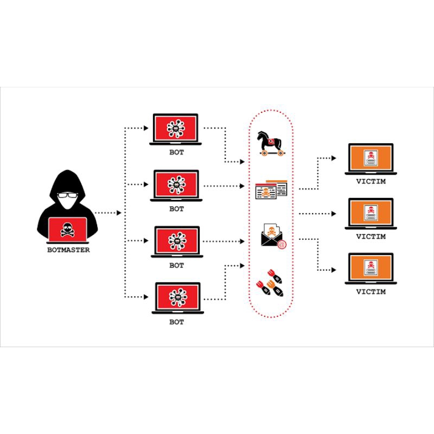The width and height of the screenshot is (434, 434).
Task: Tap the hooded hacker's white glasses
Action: point(67,196)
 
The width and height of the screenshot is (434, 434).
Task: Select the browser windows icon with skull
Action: point(271,190)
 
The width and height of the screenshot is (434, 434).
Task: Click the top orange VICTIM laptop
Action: point(371,159)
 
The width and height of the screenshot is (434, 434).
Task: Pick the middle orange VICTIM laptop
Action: point(371,214)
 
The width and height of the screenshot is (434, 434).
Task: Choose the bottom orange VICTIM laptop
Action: point(371,269)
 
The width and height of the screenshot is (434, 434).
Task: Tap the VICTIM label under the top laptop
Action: point(371,182)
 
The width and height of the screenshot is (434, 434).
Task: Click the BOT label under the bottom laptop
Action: point(176,322)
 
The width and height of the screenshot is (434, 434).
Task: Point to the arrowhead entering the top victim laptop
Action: point(334,158)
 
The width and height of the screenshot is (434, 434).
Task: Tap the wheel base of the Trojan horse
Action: point(271,155)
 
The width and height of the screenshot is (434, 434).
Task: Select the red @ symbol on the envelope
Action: point(280,244)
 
